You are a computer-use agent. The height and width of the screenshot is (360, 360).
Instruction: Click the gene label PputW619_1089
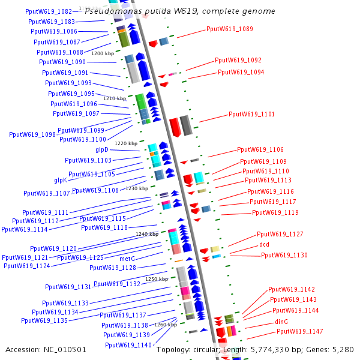[x=230, y=29]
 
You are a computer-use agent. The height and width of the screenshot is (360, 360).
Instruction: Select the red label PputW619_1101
[x=251, y=114]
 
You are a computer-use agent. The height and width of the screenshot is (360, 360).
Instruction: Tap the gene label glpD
[x=101, y=149]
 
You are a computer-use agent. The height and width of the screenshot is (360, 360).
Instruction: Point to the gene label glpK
[x=61, y=180]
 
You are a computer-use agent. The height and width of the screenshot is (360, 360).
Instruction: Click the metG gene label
[x=127, y=259]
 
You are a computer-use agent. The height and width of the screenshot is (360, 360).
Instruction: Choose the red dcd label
[x=264, y=245]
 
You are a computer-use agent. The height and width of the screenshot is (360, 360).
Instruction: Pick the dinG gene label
[x=281, y=322]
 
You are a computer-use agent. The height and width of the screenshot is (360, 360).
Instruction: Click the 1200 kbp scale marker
[x=102, y=53]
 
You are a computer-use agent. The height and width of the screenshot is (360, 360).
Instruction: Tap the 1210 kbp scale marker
[x=115, y=98]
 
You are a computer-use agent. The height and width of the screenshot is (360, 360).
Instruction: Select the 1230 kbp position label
[x=136, y=188]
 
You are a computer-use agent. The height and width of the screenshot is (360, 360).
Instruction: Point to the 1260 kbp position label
[x=166, y=324]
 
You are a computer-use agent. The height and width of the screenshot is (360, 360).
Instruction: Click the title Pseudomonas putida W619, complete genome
[x=180, y=11]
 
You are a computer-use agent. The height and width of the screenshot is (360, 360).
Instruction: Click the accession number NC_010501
[x=65, y=349]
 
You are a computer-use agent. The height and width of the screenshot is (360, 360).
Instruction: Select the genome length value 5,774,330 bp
[x=278, y=349]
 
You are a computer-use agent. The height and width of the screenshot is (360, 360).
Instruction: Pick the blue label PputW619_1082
[x=49, y=11]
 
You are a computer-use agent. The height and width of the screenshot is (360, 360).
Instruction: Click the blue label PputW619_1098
[x=32, y=134]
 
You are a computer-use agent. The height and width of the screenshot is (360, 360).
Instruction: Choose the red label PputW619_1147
[x=299, y=331]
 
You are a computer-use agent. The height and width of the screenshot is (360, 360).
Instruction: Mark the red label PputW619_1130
[x=284, y=256]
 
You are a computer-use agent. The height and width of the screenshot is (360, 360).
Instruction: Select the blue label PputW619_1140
[x=128, y=345]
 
